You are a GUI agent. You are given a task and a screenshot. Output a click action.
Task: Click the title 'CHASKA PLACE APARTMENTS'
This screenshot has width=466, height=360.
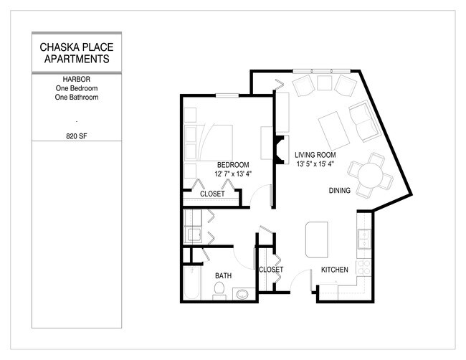coord(76,53)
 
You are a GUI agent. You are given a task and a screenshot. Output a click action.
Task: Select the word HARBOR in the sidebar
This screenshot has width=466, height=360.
coord(76,79)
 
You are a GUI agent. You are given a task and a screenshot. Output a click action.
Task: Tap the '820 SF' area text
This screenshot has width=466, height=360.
coord(76,135)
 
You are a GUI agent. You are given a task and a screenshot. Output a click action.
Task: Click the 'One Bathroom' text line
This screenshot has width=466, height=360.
coord(76,97)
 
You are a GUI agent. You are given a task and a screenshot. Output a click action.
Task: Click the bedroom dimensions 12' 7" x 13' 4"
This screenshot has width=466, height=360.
coord(233,174)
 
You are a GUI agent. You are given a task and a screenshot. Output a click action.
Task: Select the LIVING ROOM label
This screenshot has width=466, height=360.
coord(315,155)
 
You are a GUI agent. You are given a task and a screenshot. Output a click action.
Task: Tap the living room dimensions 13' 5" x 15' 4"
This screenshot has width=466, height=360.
coord(315,165)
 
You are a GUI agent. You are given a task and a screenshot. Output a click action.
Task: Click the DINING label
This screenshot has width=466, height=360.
coord(339,191)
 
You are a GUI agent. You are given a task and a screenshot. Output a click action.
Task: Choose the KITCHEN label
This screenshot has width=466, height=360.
coord(334,270)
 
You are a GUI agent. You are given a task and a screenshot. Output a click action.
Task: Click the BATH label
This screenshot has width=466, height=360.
coord(223,275)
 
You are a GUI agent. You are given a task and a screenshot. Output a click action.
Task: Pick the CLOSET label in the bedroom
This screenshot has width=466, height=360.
coord(211,194)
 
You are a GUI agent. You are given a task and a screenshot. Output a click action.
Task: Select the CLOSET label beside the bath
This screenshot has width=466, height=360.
coord(270,270)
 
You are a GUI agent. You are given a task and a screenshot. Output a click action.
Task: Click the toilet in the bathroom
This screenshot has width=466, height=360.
coord(220,290)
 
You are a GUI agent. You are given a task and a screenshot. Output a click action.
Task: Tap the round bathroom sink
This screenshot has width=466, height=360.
coord(241,293)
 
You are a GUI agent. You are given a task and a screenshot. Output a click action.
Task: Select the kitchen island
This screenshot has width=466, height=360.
coord(315,239)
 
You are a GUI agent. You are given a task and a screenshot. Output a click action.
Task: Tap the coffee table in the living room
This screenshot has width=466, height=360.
coord(332,128)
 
